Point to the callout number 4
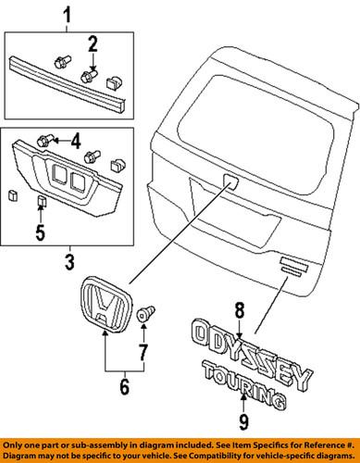point(77,142)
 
